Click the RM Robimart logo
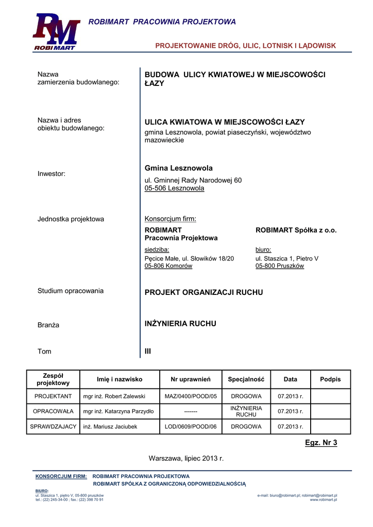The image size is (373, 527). pyautogui.click(x=56, y=32)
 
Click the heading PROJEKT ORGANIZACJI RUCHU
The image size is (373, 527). pyautogui.click(x=204, y=292)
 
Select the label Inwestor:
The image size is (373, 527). pyautogui.click(x=52, y=174)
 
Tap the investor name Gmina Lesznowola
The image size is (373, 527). pyautogui.click(x=178, y=168)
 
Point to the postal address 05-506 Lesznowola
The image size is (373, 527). pyautogui.click(x=174, y=188)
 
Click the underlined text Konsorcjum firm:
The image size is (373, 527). pyautogui.click(x=170, y=219)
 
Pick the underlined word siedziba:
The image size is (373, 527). pyautogui.click(x=157, y=249)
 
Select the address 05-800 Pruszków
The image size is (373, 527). pyautogui.click(x=279, y=266)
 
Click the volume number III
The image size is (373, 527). pyautogui.click(x=148, y=352)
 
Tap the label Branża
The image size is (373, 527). pyautogui.click(x=48, y=325)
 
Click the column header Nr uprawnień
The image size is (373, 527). pyautogui.click(x=191, y=379)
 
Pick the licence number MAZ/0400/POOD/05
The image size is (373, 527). pyautogui.click(x=191, y=396)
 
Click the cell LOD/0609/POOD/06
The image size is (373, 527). pyautogui.click(x=191, y=427)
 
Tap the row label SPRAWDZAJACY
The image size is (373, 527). pyautogui.click(x=53, y=427)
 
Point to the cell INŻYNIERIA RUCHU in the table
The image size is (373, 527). pyautogui.click(x=246, y=411)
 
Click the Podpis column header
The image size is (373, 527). pyautogui.click(x=330, y=379)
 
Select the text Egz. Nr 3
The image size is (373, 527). pyautogui.click(x=320, y=443)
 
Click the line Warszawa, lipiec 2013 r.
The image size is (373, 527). pyautogui.click(x=186, y=458)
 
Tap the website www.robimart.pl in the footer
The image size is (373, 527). pyautogui.click(x=323, y=500)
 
